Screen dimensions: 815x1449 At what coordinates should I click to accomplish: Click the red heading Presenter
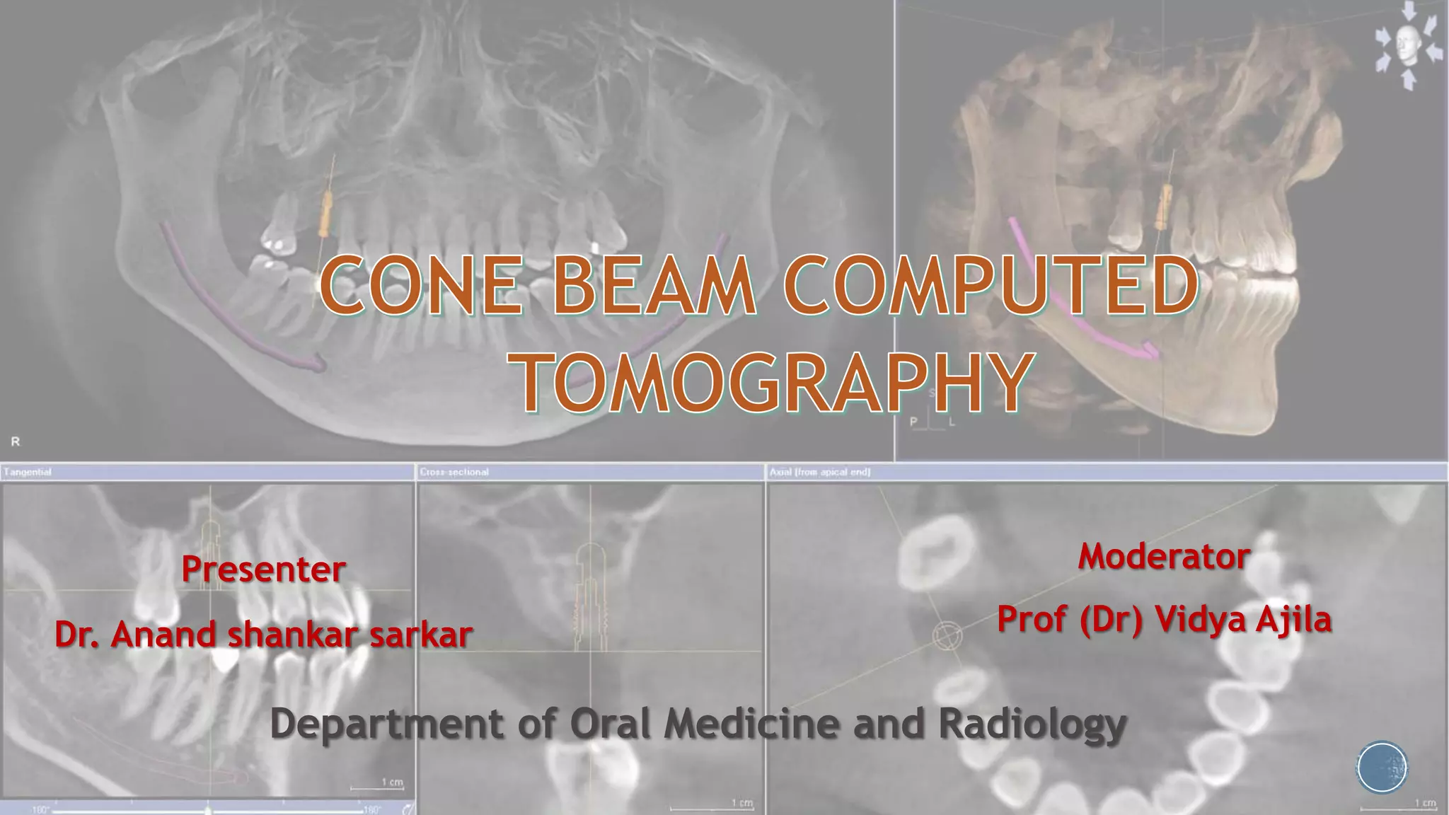tap(263, 570)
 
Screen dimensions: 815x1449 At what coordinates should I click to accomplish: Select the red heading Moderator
tap(1164, 557)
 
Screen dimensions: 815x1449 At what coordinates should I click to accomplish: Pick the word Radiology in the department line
tap(1032, 724)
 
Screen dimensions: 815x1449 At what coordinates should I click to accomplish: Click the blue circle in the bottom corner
tap(1382, 767)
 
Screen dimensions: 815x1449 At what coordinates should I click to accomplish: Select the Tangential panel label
tap(28, 472)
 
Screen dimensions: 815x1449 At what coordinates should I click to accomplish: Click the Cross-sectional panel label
tap(454, 472)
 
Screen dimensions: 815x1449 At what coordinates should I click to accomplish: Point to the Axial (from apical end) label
tap(820, 472)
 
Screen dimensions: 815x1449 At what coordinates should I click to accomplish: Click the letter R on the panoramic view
tap(16, 441)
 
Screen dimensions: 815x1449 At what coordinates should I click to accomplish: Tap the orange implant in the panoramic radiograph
tap(325, 214)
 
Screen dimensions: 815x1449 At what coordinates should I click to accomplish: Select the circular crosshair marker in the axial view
tap(947, 635)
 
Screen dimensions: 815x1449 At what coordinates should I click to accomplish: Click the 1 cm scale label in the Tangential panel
tap(392, 782)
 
